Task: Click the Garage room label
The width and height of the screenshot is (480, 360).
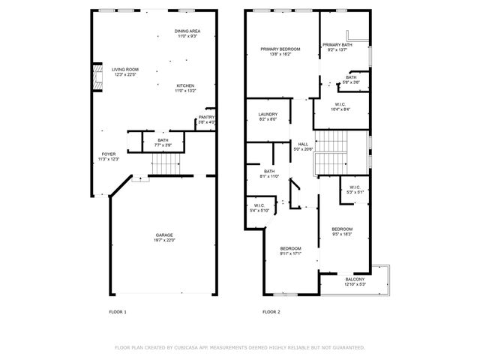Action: (x=164, y=238)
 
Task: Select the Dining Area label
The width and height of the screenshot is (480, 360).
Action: (x=187, y=33)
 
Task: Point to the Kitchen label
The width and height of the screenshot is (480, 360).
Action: (x=185, y=88)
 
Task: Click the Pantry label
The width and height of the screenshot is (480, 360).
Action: (x=206, y=119)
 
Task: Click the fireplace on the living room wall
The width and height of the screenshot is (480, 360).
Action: (x=95, y=77)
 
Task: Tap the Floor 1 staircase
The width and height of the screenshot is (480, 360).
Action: (x=166, y=163)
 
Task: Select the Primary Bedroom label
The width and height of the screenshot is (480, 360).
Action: (x=281, y=52)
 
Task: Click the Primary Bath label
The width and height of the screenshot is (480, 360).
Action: (x=336, y=47)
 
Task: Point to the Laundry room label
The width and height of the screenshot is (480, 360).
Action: (x=268, y=116)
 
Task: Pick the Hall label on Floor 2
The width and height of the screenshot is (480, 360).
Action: (x=303, y=147)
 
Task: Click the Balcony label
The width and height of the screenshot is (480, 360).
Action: (x=355, y=281)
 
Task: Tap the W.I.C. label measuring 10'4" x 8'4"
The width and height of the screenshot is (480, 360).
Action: (x=340, y=106)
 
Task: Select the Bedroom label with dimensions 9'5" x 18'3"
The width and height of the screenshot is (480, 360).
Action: (x=342, y=231)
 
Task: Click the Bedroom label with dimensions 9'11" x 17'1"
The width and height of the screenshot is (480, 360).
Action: (x=290, y=250)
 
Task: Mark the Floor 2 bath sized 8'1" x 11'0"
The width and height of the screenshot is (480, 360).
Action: (x=269, y=173)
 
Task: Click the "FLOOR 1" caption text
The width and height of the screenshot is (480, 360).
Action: (x=118, y=311)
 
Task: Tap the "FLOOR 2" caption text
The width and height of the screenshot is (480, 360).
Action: (x=271, y=311)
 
